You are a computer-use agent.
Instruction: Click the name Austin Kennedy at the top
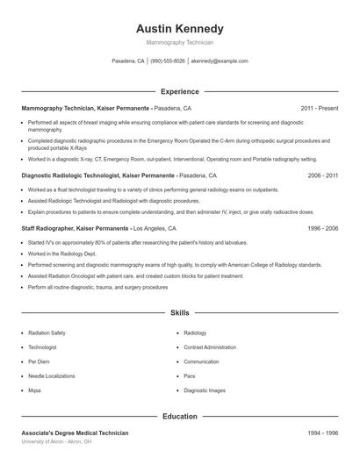[x=180, y=28]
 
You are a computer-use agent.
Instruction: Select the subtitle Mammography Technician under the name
[x=180, y=42]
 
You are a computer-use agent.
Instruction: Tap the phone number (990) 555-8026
[x=167, y=61]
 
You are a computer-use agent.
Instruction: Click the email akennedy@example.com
[x=220, y=61]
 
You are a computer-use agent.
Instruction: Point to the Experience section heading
[x=180, y=91]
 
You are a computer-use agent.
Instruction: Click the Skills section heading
[x=180, y=312]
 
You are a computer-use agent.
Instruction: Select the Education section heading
[x=180, y=416]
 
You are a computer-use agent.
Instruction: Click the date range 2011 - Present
[x=320, y=108]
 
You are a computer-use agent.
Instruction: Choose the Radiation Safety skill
[x=47, y=333]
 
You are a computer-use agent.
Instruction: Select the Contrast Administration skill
[x=210, y=347]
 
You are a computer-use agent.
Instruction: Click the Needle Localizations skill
[x=53, y=376]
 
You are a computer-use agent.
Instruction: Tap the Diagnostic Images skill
[x=205, y=390]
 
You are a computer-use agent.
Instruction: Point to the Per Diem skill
[x=40, y=361]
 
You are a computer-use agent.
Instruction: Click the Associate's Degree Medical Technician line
[x=75, y=433]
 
